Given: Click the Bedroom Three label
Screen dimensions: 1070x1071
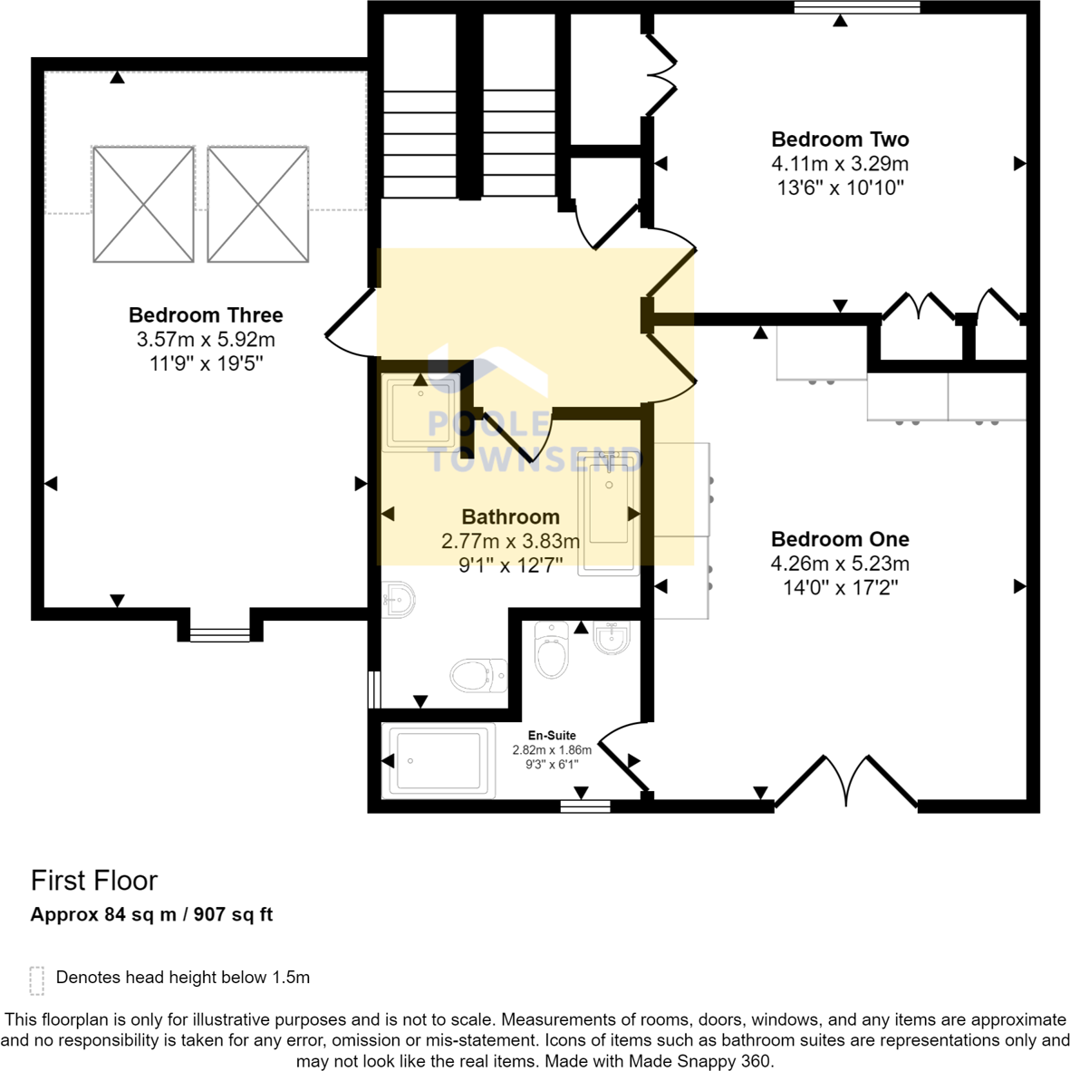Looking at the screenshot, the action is [206, 315].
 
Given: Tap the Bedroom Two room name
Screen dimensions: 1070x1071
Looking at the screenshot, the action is [840, 140].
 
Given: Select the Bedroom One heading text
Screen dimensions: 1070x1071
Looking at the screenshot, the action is [840, 539].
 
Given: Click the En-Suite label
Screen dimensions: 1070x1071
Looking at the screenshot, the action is [552, 735].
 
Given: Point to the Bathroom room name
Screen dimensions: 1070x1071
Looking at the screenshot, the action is [511, 516].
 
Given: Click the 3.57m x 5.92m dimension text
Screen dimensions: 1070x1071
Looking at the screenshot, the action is [206, 339].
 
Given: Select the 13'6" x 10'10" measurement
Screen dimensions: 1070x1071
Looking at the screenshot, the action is [840, 188].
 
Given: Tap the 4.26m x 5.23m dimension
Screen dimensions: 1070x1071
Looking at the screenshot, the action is [840, 564].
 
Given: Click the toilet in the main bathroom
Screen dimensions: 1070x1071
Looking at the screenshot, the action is [478, 676].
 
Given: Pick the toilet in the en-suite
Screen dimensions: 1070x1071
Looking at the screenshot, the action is [551, 650].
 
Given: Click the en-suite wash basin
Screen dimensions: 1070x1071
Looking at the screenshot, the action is [612, 638].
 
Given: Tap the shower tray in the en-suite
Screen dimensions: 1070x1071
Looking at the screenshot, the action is [439, 761].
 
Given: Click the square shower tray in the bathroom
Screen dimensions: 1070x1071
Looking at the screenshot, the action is [420, 412].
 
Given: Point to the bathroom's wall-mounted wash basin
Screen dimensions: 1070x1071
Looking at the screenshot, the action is [398, 600].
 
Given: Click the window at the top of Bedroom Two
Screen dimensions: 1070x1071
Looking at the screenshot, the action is [856, 7].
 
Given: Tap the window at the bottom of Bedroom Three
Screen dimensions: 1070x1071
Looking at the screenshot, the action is [220, 635].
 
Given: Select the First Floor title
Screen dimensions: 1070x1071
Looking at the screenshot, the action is [94, 881].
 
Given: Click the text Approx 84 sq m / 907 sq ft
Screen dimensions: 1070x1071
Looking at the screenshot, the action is [151, 914].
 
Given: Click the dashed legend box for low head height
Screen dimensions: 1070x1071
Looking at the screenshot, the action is [37, 980].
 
